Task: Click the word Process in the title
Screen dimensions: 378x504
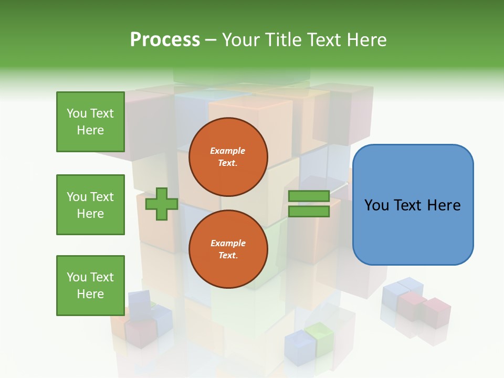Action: pos(165,40)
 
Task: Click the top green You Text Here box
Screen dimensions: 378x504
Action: pos(90,122)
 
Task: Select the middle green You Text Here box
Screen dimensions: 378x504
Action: pos(90,205)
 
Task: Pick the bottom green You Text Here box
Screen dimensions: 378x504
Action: pos(90,286)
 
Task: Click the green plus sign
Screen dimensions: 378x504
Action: pos(162,204)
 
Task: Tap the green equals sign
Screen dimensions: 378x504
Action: pos(309,204)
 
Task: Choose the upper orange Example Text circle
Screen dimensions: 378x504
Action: pos(228,157)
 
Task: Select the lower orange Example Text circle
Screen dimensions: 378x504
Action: pos(228,249)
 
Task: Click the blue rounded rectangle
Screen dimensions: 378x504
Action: pos(413,205)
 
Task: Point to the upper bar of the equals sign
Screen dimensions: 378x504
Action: pos(309,196)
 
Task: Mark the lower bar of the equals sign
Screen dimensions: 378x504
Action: pos(309,211)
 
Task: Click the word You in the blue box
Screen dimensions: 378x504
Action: pos(376,205)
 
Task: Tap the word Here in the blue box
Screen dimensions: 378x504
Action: pos(444,205)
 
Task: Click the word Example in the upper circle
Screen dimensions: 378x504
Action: pos(228,151)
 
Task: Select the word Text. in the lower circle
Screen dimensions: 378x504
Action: pos(228,256)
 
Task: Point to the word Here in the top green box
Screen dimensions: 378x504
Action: pos(90,130)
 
